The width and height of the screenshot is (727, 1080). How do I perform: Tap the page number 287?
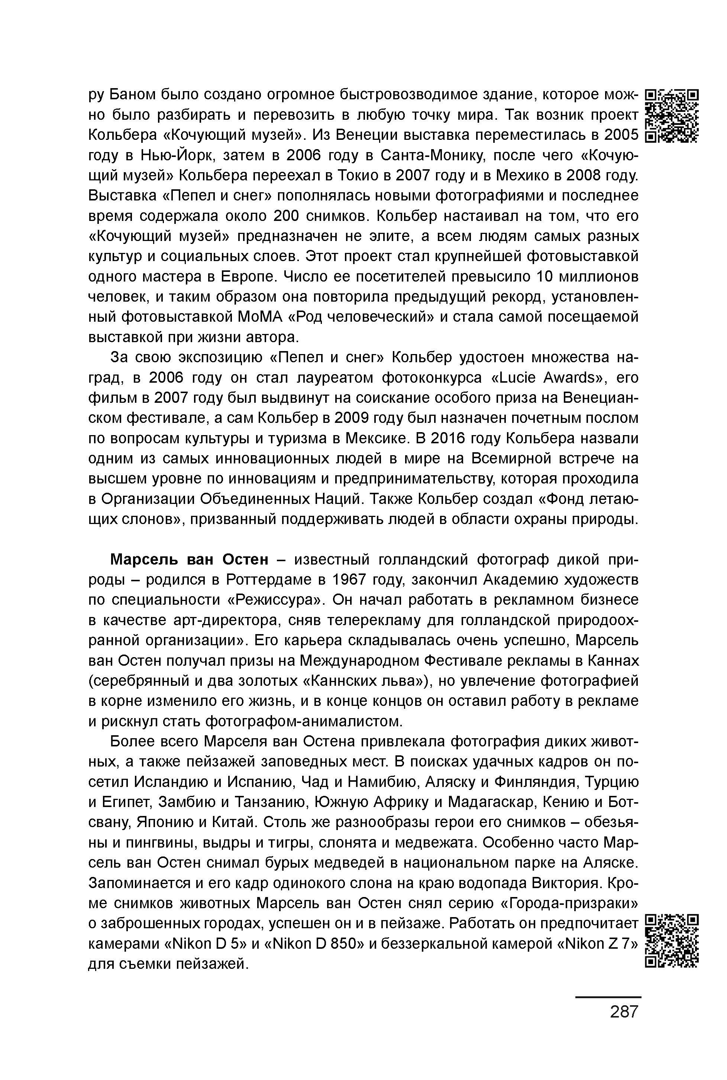point(624,1011)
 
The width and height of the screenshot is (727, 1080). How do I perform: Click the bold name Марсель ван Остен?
point(189,560)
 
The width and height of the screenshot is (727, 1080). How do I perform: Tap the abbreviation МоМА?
point(260,317)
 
